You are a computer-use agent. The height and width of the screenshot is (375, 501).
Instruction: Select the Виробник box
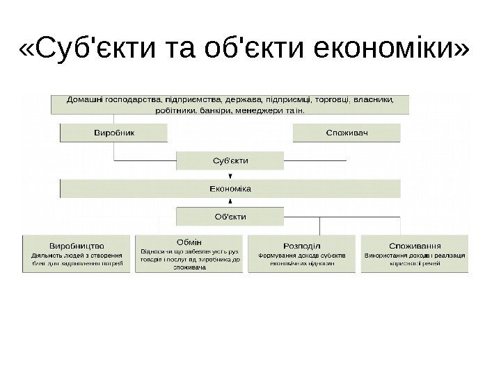coord(114,131)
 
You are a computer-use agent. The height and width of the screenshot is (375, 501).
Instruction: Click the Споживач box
coord(347,131)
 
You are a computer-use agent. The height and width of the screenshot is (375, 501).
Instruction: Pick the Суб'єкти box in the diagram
coord(230,161)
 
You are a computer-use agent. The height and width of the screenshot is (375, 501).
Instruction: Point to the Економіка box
coord(230,189)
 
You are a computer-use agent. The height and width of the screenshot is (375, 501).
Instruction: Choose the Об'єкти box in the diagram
coord(230,217)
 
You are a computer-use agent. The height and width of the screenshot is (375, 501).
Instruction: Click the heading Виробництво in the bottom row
coord(77,245)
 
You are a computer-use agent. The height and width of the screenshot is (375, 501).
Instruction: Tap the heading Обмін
coord(189,242)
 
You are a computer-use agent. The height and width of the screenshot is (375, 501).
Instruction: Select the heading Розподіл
coord(302,245)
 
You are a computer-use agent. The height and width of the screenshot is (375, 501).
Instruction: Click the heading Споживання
coord(415,245)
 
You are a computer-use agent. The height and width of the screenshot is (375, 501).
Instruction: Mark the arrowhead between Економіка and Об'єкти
coord(230,202)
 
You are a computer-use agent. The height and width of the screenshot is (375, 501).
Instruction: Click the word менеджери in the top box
coord(259,110)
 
